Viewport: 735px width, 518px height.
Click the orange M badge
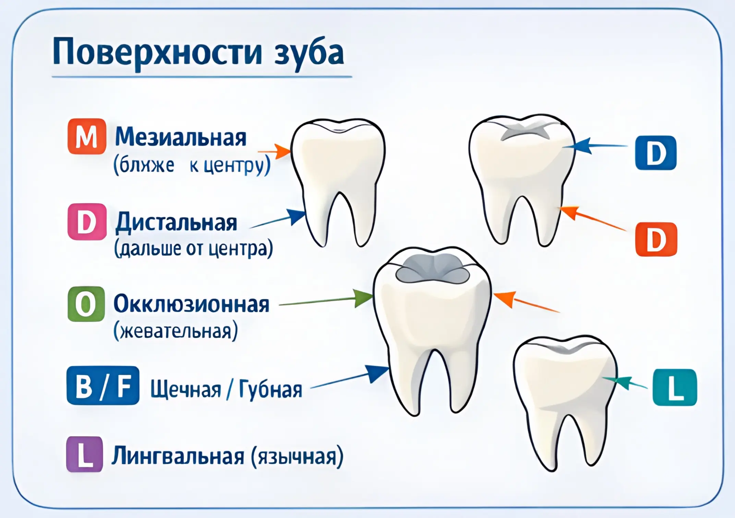(x=87, y=136)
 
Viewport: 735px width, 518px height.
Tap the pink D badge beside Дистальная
(x=87, y=222)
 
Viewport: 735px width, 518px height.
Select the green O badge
(x=86, y=304)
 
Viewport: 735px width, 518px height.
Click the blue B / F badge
(x=103, y=385)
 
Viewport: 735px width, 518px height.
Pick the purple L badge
(x=85, y=454)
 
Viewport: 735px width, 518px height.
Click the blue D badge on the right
(x=655, y=153)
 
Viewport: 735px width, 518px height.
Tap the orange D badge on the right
(x=656, y=239)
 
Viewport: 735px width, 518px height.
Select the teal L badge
(x=675, y=387)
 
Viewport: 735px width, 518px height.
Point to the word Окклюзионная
(x=191, y=304)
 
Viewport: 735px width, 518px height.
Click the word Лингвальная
(x=178, y=456)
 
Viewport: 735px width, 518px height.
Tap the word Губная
(x=270, y=390)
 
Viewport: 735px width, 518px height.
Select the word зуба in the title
(x=309, y=53)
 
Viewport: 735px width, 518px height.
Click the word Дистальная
(x=177, y=223)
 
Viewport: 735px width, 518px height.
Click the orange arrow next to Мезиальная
(x=276, y=151)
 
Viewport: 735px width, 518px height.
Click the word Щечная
(x=186, y=390)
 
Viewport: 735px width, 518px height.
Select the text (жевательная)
(x=176, y=331)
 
